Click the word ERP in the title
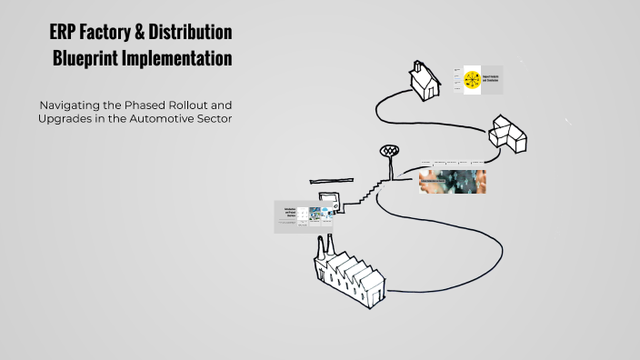coord(64,34)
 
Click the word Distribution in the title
coord(194,34)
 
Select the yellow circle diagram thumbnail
coord(472,80)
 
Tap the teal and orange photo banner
coord(452,181)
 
